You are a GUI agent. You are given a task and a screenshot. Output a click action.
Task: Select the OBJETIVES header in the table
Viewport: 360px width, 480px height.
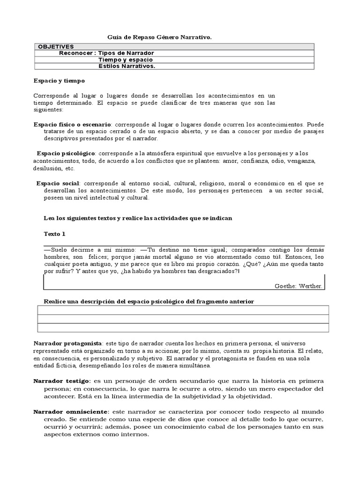click(x=56, y=46)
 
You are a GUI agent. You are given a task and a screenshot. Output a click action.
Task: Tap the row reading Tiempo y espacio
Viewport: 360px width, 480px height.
click(x=126, y=60)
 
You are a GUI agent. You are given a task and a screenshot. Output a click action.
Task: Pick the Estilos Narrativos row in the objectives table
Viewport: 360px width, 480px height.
click(x=127, y=66)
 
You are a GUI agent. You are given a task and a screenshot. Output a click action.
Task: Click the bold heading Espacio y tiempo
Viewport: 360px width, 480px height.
click(x=60, y=81)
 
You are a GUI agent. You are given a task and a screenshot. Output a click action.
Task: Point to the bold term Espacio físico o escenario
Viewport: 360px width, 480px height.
click(x=72, y=125)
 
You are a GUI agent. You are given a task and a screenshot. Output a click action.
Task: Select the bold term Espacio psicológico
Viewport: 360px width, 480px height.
click(x=66, y=153)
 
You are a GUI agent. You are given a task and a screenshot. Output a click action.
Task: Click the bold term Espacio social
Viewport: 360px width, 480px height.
click(x=59, y=183)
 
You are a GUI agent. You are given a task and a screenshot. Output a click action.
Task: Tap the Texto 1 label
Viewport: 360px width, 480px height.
click(x=55, y=233)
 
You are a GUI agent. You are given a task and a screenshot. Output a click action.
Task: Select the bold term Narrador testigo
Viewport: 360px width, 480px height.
click(x=62, y=381)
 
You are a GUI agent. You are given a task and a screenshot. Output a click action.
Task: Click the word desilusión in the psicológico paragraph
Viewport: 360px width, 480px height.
click(x=49, y=168)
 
